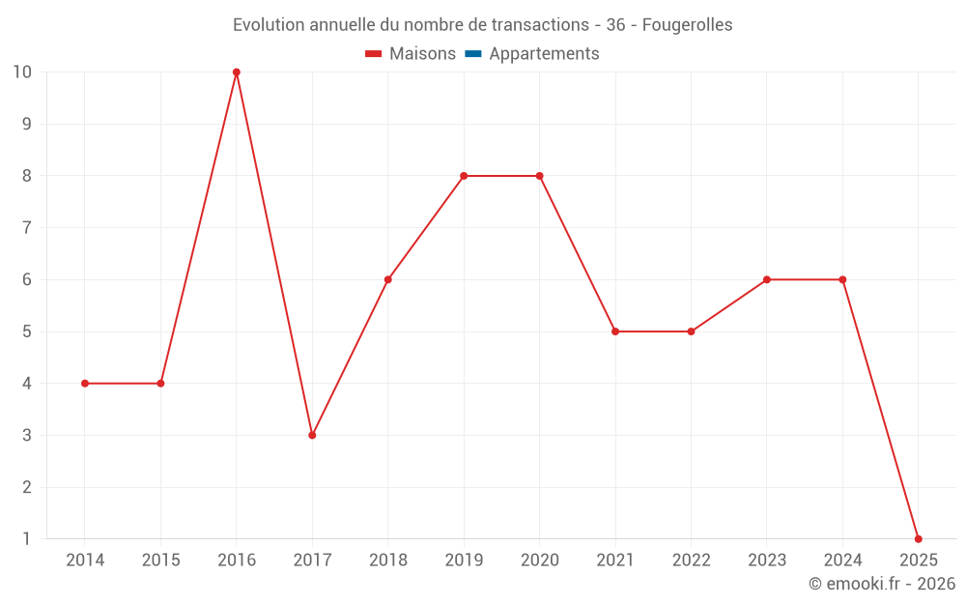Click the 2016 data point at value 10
tap(237, 72)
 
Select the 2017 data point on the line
tap(312, 435)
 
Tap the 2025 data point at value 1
tap(918, 538)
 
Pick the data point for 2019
tap(464, 176)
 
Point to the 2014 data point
tap(85, 384)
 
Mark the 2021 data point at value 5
tap(615, 331)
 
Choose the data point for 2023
tap(766, 279)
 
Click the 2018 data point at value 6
tap(387, 279)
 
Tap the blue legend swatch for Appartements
tap(472, 54)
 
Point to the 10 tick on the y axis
tap(22, 72)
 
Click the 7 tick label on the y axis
tap(26, 228)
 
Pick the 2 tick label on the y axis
tap(26, 487)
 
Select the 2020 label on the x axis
tap(539, 560)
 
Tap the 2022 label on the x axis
tap(691, 560)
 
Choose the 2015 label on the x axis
tap(160, 560)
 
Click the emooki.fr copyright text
tap(882, 584)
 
